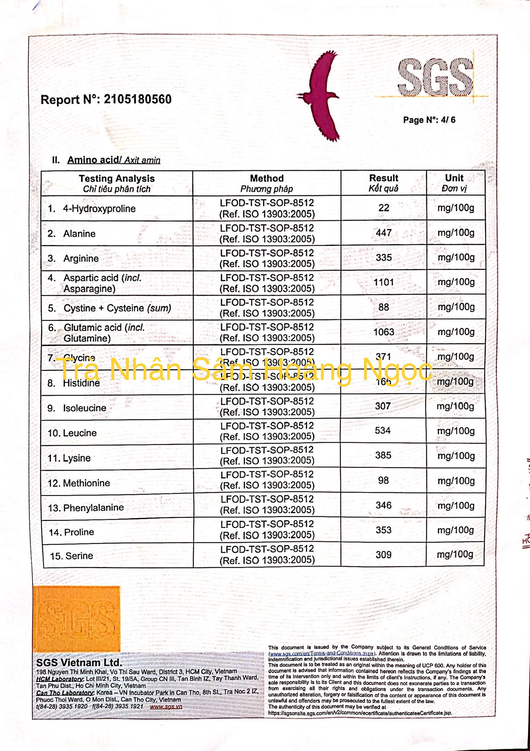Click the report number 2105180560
click(x=137, y=100)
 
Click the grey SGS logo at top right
click(x=435, y=77)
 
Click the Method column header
click(x=267, y=183)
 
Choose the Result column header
click(x=383, y=183)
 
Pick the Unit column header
click(x=454, y=183)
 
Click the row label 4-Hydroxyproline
click(x=99, y=208)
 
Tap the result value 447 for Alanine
click(x=384, y=233)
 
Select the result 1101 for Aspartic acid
click(x=384, y=282)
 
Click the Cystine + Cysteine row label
click(x=117, y=308)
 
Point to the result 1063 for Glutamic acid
click(x=384, y=332)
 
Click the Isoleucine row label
click(x=84, y=408)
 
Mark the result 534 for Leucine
click(x=383, y=430)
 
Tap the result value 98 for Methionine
click(x=383, y=480)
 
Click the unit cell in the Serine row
click(x=455, y=554)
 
